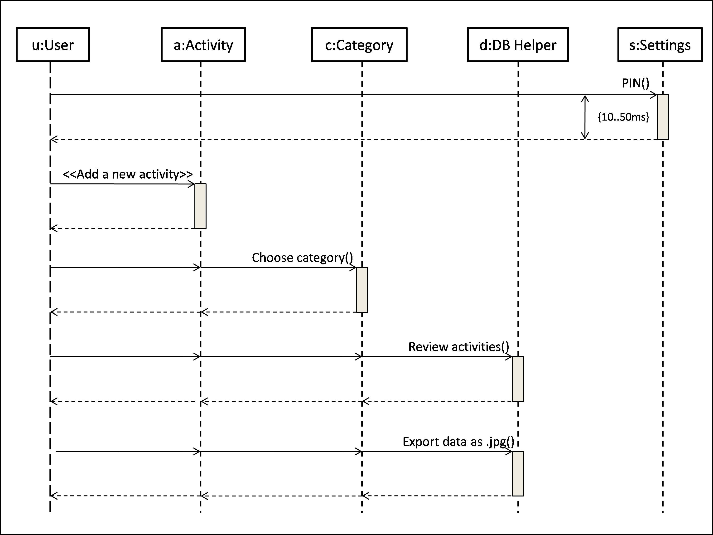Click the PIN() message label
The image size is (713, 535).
point(635,83)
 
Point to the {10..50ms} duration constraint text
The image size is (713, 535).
point(623,117)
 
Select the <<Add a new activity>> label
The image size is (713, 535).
point(128,174)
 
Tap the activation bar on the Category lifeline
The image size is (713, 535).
point(362,290)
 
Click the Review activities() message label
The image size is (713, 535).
point(458,347)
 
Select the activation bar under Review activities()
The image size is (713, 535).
point(518,379)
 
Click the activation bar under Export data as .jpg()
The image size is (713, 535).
point(518,473)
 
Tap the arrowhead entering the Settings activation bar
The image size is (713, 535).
point(654,95)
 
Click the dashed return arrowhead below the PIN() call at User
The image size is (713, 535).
point(54,140)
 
